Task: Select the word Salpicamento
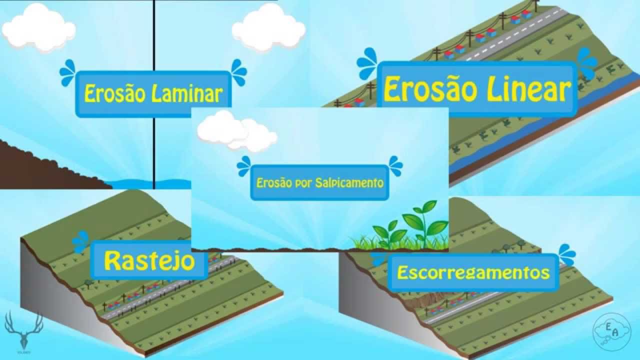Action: tap(349, 182)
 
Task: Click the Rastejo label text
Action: tap(149, 260)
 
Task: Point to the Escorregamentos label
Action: tap(473, 273)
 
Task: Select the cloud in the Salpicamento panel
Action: tap(235, 131)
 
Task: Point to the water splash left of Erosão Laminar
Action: tap(67, 72)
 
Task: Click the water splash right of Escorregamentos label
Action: tap(567, 254)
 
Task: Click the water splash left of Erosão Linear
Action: tap(367, 63)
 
